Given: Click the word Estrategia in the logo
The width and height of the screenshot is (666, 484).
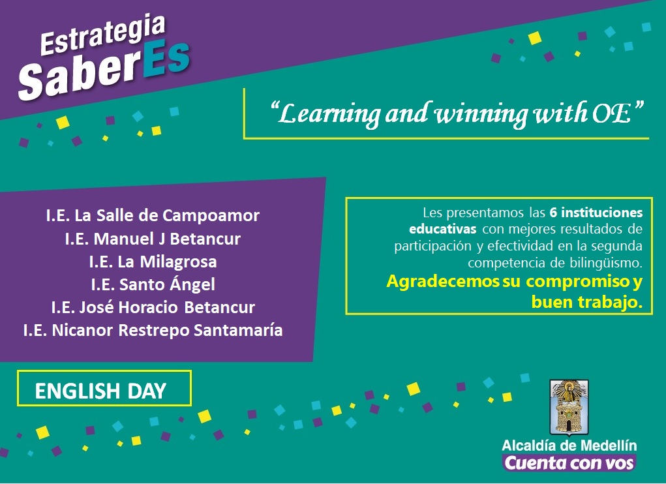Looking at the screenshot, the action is point(102,35).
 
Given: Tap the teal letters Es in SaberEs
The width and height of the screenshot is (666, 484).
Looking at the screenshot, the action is point(166,63).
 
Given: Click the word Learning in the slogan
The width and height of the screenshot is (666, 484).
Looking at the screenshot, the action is point(329,113).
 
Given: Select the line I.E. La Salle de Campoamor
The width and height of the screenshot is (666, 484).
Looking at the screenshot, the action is point(153,215).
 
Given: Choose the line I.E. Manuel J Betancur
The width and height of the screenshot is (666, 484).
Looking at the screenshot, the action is point(153,239).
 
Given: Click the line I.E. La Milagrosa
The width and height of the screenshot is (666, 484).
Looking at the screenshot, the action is point(153,262).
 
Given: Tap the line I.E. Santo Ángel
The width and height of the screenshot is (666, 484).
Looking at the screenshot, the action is point(153,284).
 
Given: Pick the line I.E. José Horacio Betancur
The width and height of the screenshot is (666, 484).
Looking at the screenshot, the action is point(153,307).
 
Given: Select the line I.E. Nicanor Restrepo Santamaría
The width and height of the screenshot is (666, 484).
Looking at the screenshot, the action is point(153,330).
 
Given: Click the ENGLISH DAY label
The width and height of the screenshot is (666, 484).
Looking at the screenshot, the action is point(100,391).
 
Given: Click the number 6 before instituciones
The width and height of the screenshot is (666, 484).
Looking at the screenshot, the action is point(553,212).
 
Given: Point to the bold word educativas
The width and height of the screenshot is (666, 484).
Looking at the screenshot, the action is point(442,229).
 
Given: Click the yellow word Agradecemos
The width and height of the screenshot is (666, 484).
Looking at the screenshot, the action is point(443,282).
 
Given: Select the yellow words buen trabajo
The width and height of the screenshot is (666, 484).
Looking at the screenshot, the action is point(587,302).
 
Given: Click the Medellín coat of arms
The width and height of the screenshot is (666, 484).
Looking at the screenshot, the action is point(569,408).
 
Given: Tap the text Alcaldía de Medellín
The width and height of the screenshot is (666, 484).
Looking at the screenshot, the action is point(569,446).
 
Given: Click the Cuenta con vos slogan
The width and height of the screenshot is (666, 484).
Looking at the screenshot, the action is point(569,462).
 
